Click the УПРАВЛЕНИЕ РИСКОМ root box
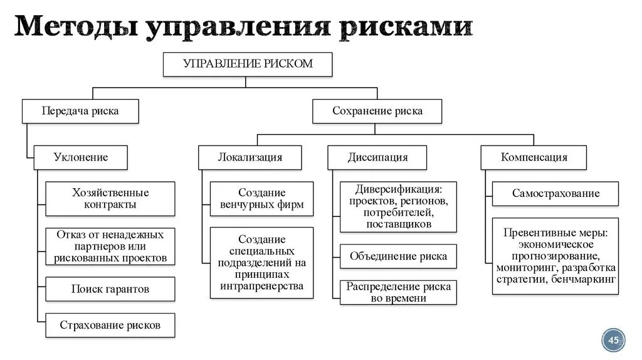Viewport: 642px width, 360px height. point(247,64)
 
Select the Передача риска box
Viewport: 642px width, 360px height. point(80,111)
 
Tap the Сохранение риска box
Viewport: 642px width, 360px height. point(377,111)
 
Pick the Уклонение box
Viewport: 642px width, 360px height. point(80,157)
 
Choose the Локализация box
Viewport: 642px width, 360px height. point(250,157)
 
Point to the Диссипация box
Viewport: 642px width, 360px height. point(377,157)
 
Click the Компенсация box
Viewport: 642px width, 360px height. point(534,157)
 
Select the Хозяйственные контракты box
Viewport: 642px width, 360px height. point(110,199)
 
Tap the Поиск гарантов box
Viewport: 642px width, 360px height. point(110,289)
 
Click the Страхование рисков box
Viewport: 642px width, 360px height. point(110,325)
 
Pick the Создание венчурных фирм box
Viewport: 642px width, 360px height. point(261,199)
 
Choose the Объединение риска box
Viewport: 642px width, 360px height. point(398,256)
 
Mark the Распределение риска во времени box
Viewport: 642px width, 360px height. point(398,292)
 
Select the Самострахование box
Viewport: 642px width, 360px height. point(555,193)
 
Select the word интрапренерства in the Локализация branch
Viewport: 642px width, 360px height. point(261,286)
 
